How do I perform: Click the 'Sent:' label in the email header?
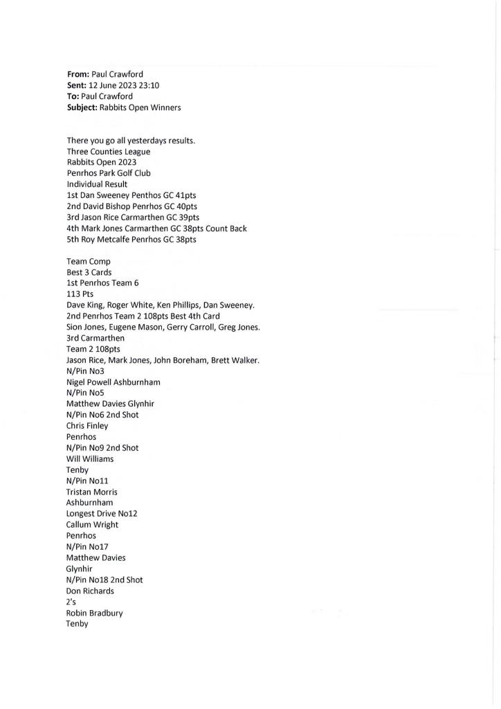point(78,86)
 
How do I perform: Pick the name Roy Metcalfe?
point(109,240)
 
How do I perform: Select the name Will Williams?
point(90,458)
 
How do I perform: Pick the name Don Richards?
point(90,591)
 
